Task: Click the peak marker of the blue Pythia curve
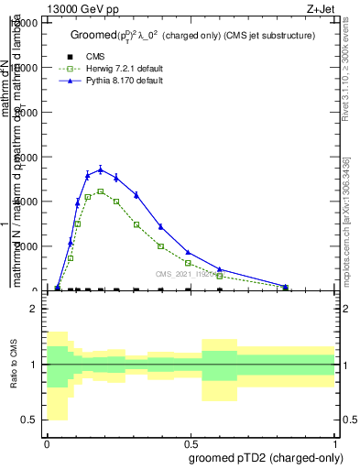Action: tap(100, 169)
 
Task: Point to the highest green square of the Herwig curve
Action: tap(100, 191)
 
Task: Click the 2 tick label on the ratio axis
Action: tap(34, 309)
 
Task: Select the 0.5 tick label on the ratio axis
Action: tap(30, 420)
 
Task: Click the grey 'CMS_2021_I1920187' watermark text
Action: tap(183, 273)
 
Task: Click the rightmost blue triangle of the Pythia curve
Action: tap(286, 287)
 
